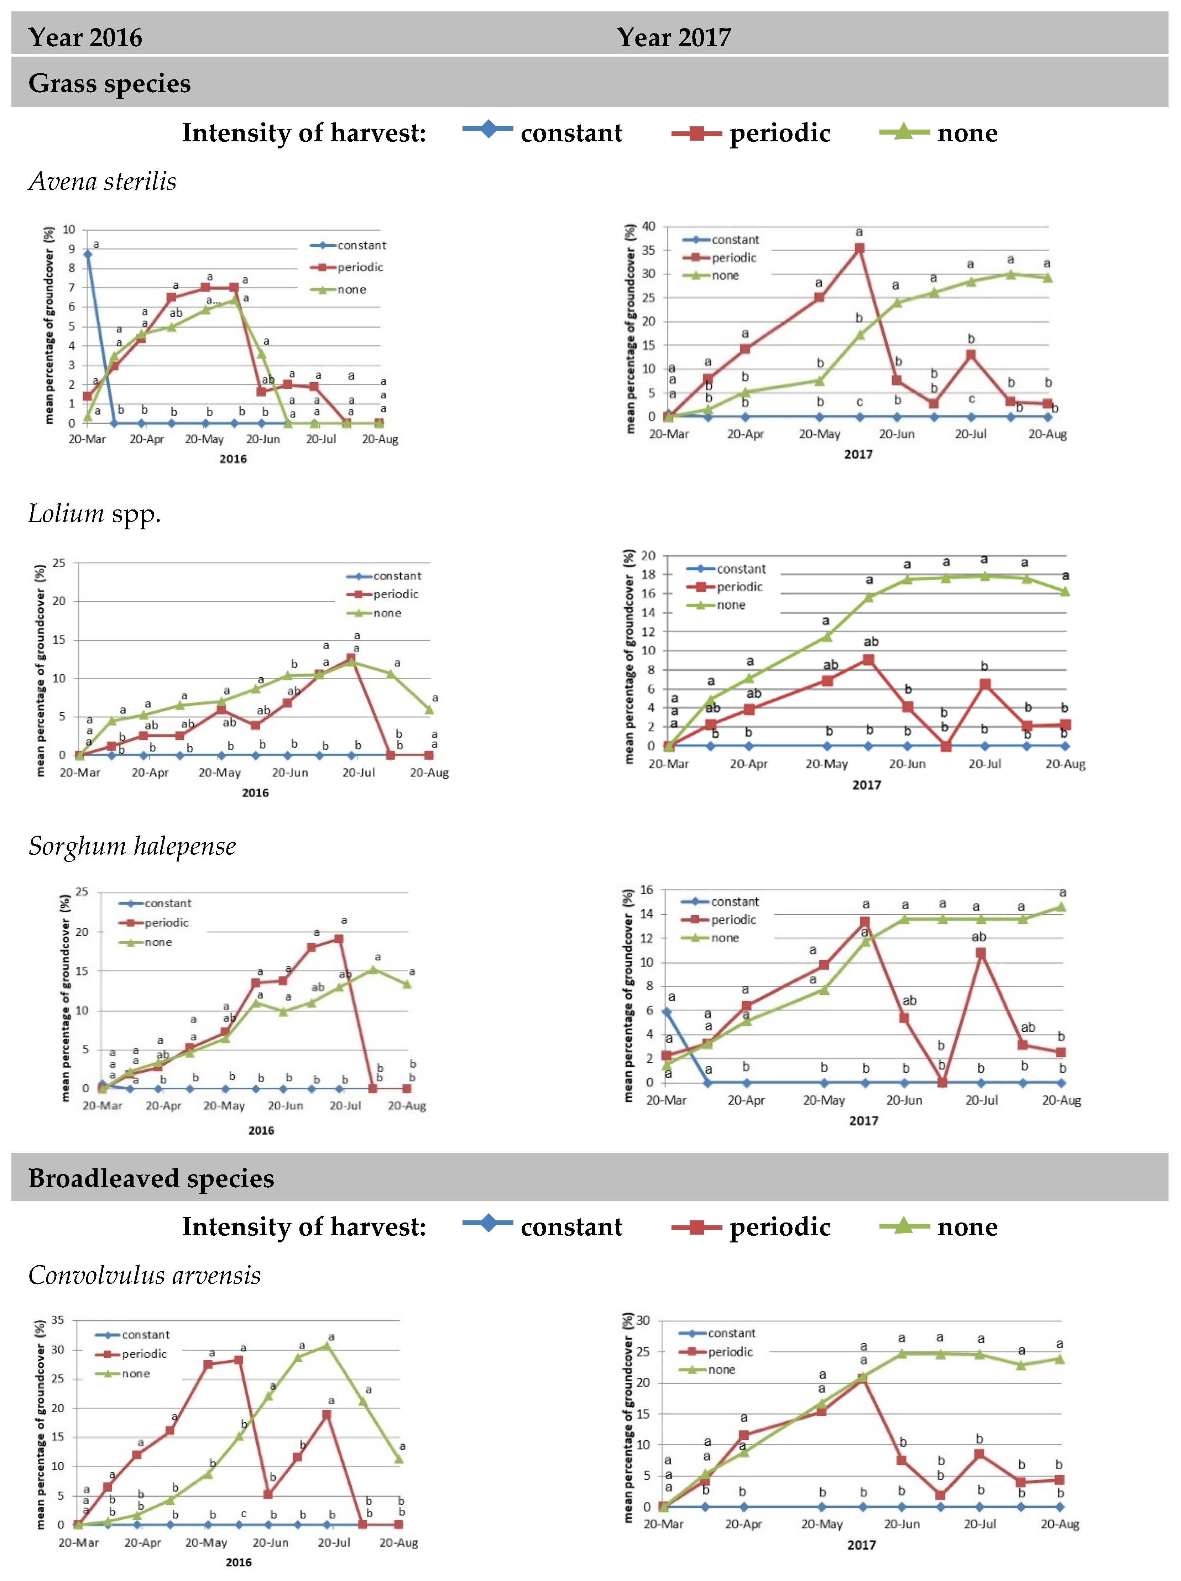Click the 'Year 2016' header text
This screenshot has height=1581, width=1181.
coord(85,37)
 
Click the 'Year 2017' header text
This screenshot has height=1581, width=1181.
coord(673,37)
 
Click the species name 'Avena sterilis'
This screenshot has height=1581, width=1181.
coord(102,182)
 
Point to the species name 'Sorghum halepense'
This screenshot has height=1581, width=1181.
coord(132,846)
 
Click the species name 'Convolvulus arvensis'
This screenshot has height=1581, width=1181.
coord(145,1275)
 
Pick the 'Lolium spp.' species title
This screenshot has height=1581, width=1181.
coord(94,514)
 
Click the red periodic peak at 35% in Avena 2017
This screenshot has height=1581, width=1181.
coord(859,248)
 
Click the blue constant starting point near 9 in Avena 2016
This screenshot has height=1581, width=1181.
coord(87,254)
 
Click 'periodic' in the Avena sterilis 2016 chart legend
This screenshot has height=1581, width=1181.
coord(360,267)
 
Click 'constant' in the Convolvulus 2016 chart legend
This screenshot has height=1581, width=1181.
coord(146,1334)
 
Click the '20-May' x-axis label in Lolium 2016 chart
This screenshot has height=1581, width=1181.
coord(219,773)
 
